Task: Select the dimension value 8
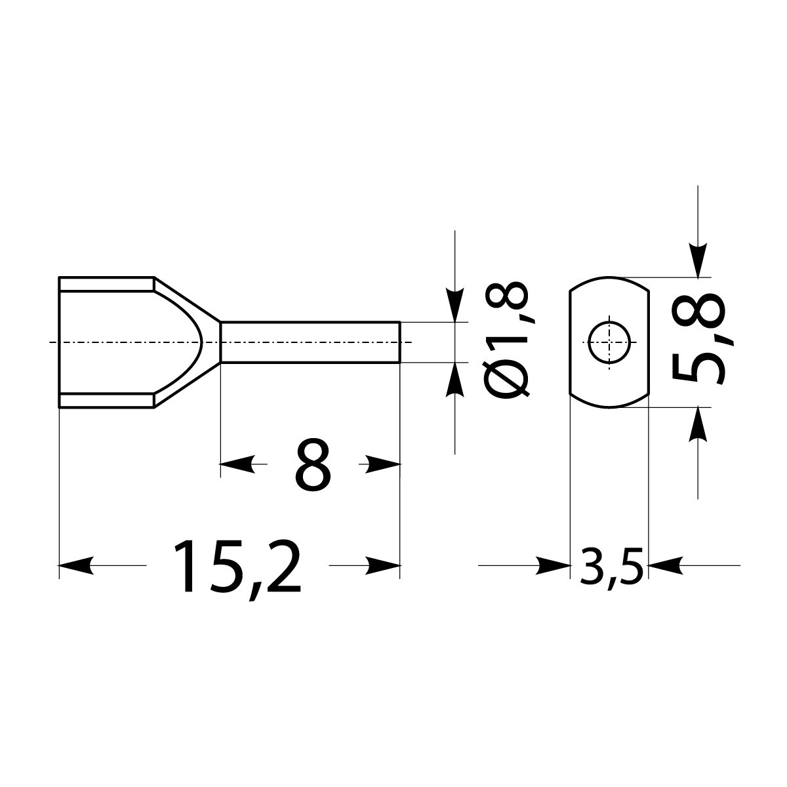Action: (x=312, y=465)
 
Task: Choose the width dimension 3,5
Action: (x=609, y=565)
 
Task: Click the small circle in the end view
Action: (x=609, y=342)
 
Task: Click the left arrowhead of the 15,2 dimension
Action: (x=75, y=565)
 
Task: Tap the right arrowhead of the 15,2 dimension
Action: (x=383, y=565)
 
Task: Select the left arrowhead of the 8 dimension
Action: (x=237, y=465)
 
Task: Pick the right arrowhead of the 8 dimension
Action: (x=383, y=465)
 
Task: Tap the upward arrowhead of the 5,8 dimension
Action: (x=699, y=424)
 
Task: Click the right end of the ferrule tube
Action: (x=399, y=342)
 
